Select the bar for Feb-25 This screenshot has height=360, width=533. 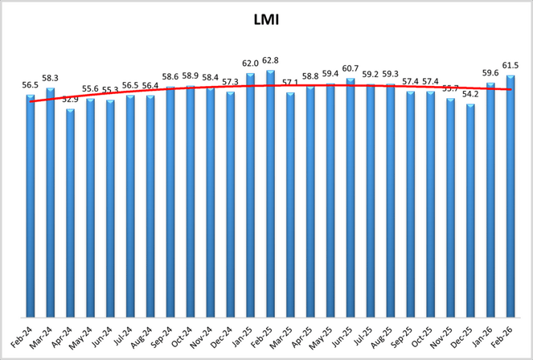270,193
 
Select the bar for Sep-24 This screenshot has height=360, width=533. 170,202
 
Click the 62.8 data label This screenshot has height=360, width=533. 270,60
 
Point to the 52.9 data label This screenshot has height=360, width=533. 71,99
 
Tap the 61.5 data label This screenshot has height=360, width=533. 510,65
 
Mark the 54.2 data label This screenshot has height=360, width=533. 470,94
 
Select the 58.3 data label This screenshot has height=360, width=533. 51,77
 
